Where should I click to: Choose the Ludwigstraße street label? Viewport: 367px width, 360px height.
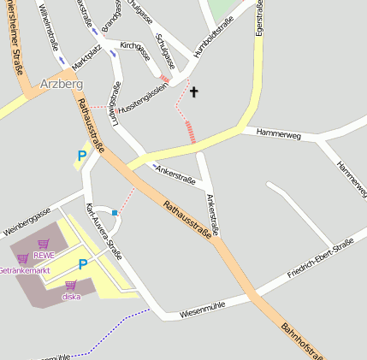coord(113,103)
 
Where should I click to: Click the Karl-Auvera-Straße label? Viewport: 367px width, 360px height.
coord(104,231)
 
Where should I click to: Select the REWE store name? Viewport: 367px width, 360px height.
coord(43,254)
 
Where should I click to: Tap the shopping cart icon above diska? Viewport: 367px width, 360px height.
coord(70,285)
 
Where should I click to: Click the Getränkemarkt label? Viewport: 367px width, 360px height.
coord(24,270)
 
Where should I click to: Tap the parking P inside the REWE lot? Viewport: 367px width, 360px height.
coord(82,265)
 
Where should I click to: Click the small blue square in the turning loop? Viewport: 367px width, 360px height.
coord(115,212)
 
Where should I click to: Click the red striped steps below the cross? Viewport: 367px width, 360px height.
coord(191,132)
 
